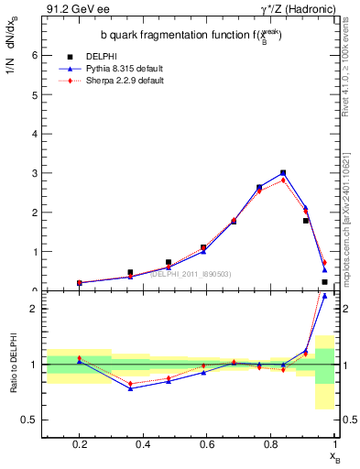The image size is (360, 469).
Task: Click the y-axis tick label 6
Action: [x=35, y=55]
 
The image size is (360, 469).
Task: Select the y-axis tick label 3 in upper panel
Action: [x=35, y=173]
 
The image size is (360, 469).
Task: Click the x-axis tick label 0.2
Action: [x=80, y=444]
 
